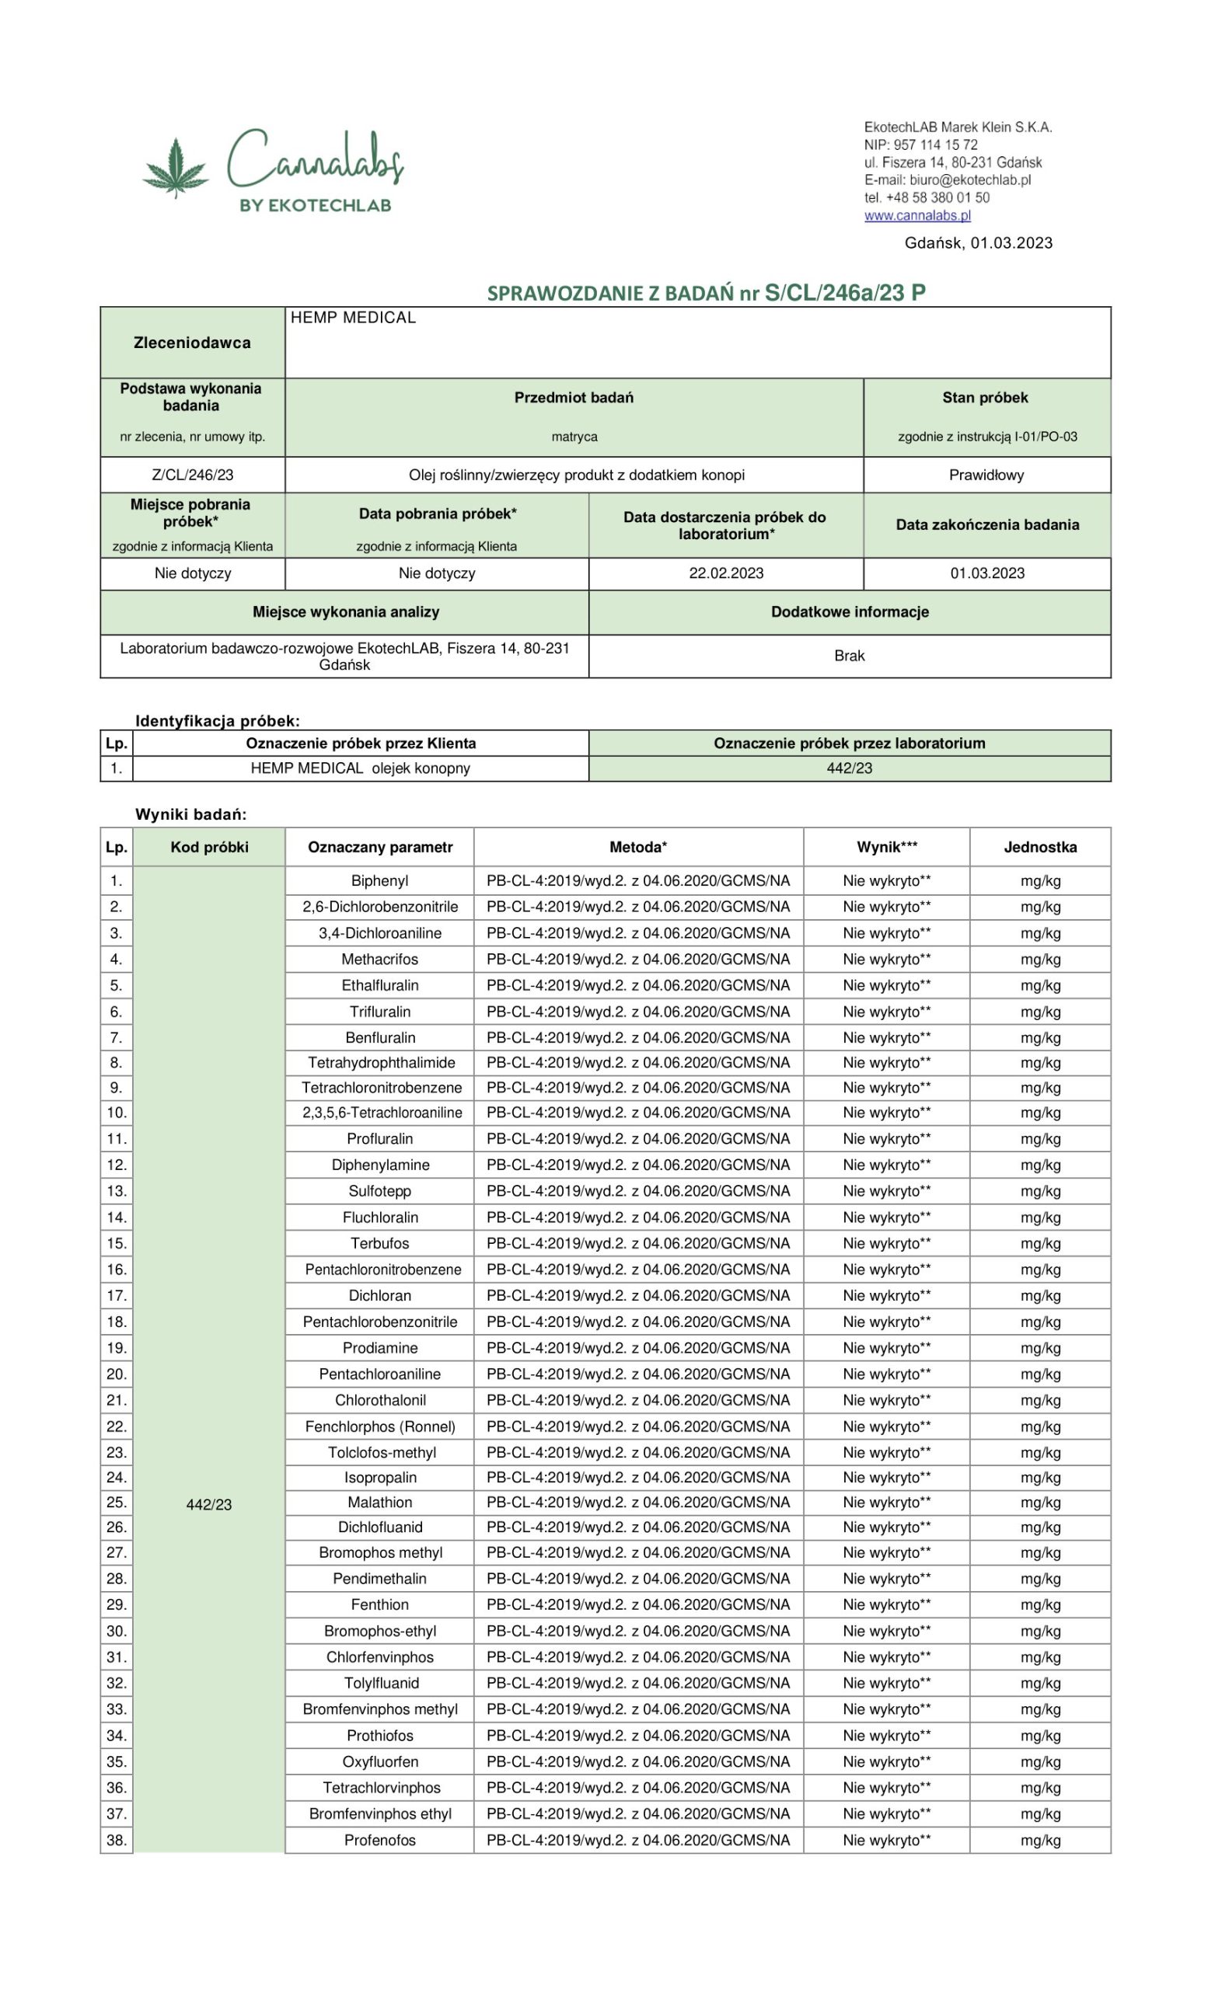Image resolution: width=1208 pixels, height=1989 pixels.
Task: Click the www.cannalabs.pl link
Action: pyautogui.click(x=917, y=215)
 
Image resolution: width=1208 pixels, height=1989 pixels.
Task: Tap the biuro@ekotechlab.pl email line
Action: pyautogui.click(x=947, y=180)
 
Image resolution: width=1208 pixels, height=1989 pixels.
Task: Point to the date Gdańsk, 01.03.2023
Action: pyautogui.click(x=978, y=243)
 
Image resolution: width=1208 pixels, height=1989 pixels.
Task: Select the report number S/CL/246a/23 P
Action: pyautogui.click(x=845, y=292)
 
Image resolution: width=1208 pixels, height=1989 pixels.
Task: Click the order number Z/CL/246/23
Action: pyautogui.click(x=192, y=475)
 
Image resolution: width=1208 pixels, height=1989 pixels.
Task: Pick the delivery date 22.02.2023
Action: pyautogui.click(x=726, y=573)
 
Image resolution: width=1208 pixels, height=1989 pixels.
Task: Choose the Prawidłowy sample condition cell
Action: pyautogui.click(x=986, y=475)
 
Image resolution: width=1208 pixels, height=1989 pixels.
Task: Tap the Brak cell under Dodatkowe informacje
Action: pyautogui.click(x=849, y=656)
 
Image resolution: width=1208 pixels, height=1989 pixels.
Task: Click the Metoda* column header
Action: pyautogui.click(x=638, y=847)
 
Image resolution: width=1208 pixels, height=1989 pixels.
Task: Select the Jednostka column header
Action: pyautogui.click(x=1040, y=847)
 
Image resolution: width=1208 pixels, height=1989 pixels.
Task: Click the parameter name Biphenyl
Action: pyautogui.click(x=379, y=881)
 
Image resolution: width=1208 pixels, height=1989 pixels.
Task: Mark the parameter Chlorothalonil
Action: pyautogui.click(x=379, y=1400)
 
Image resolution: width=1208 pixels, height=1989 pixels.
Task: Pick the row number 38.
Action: pyautogui.click(x=117, y=1840)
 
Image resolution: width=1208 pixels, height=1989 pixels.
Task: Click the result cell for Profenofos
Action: pyautogui.click(x=887, y=1840)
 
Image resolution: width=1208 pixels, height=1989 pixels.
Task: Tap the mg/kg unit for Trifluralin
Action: pyautogui.click(x=1040, y=1012)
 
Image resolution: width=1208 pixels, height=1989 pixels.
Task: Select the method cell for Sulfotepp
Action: pyautogui.click(x=638, y=1190)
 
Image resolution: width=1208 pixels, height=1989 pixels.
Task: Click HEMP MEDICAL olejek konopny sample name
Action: pyautogui.click(x=360, y=768)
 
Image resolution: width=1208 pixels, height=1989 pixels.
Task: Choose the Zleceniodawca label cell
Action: pyautogui.click(x=192, y=343)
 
